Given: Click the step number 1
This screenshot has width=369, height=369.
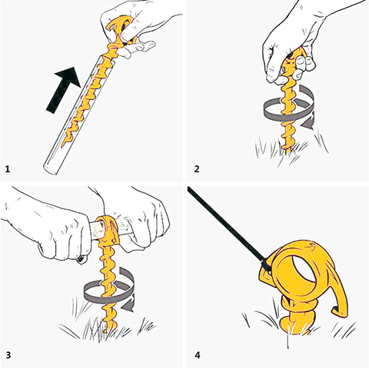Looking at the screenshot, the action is [x=8, y=169].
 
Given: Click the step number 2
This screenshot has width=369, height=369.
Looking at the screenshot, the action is [x=197, y=169].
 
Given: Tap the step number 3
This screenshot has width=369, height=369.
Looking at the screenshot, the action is [x=8, y=355].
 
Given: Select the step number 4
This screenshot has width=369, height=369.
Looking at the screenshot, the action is [x=197, y=355].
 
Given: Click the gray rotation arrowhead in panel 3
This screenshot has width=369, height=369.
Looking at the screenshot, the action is [x=128, y=305].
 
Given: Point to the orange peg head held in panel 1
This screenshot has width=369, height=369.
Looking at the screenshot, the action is [x=121, y=29].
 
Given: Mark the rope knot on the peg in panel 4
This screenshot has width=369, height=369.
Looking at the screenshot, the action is [x=266, y=265].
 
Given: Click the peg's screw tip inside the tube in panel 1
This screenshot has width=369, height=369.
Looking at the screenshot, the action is [x=64, y=143].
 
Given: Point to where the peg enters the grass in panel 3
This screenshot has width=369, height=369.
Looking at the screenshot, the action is [x=107, y=329].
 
